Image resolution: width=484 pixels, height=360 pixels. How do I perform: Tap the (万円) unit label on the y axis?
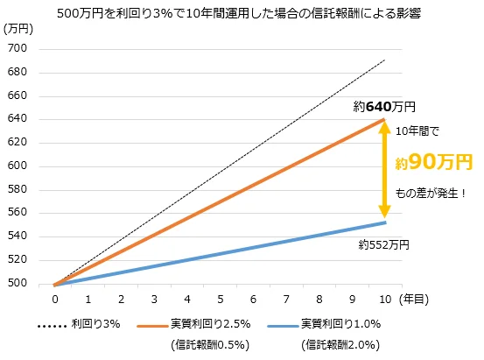[x=19, y=30]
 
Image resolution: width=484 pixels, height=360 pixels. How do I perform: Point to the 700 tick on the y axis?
[x=19, y=48]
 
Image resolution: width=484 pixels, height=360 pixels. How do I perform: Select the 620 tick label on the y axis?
[x=19, y=142]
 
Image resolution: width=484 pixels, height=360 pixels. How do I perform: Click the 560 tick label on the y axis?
[x=19, y=213]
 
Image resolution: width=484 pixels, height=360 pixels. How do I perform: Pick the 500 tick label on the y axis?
[x=19, y=284]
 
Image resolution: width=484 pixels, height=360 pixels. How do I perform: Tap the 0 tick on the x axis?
[x=54, y=300]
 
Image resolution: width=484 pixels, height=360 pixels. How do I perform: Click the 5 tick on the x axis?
[x=219, y=300]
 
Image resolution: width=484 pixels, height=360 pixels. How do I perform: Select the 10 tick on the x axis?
[x=383, y=300]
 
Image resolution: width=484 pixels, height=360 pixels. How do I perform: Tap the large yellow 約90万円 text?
[x=432, y=162]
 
